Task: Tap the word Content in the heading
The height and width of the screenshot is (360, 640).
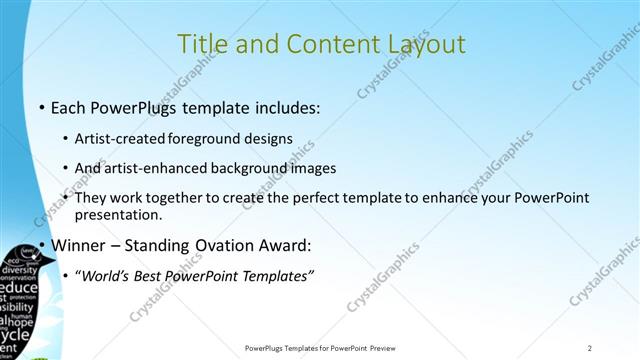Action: pos(320,44)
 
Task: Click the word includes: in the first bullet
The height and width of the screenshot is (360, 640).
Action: pos(284,105)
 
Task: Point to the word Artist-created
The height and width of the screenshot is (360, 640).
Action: pos(122,139)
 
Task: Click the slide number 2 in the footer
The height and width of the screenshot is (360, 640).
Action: pos(590,348)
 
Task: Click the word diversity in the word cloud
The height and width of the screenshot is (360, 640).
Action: pos(19,270)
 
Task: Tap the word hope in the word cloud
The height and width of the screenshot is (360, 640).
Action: pos(22,322)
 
